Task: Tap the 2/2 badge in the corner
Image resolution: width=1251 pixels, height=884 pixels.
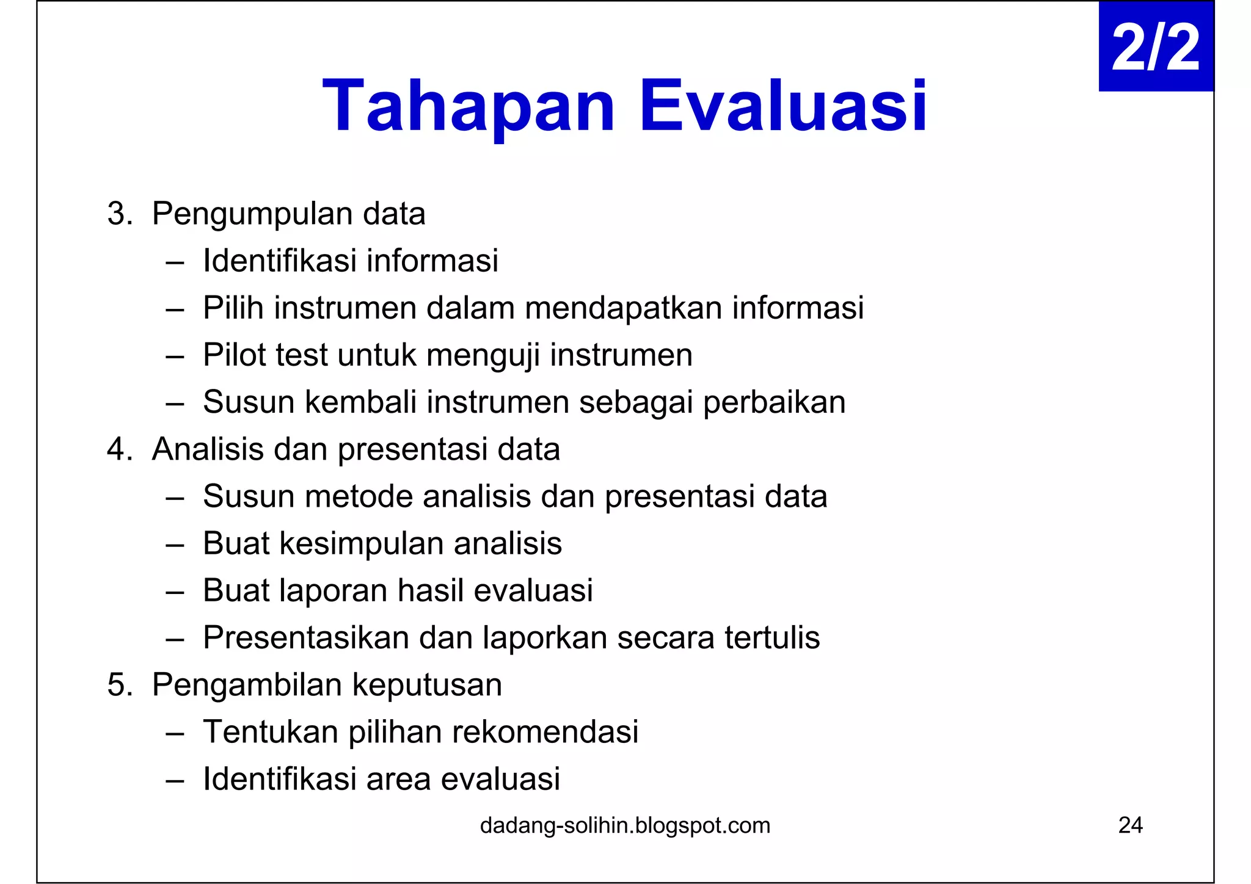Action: (x=1155, y=47)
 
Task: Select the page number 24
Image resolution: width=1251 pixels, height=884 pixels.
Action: (x=1130, y=825)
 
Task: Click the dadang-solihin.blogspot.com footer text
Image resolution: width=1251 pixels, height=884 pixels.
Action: (x=625, y=825)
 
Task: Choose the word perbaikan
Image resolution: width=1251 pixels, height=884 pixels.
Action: (x=774, y=403)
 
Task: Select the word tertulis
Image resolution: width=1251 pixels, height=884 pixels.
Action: (x=771, y=638)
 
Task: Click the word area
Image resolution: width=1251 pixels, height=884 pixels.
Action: (x=398, y=780)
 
